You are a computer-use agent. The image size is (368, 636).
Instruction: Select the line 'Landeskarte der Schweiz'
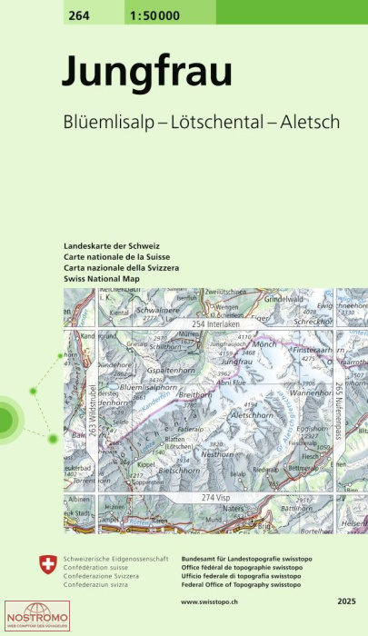point(112,247)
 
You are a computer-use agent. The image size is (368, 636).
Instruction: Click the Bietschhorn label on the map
point(151,472)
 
